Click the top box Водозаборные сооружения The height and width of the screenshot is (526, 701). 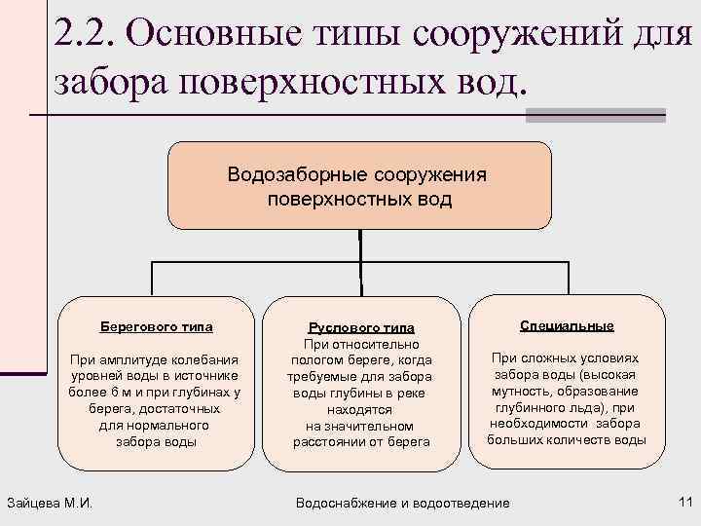[359, 186]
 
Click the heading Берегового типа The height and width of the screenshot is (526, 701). [157, 326]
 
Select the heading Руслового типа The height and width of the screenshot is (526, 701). [361, 327]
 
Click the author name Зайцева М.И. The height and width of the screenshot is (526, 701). [55, 503]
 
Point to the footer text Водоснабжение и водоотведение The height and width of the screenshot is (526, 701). [402, 503]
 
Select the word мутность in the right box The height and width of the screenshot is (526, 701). [531, 393]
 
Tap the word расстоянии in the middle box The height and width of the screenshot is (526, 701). [330, 442]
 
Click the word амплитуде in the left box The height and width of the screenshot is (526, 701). [129, 359]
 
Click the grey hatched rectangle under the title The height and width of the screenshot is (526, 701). [595, 114]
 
